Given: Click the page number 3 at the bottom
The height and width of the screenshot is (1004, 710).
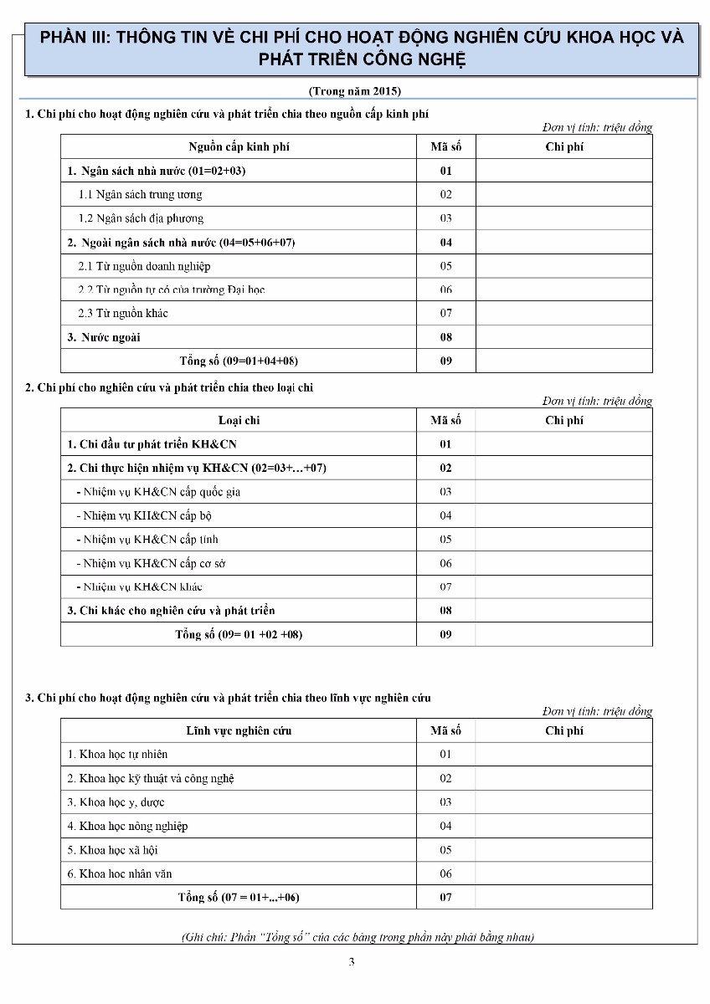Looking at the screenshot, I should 352,961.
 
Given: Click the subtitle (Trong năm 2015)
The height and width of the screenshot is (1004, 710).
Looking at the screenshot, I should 355,90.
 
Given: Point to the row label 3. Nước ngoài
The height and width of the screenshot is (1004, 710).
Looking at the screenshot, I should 105,337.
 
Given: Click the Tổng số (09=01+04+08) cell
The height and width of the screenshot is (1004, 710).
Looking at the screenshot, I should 239,361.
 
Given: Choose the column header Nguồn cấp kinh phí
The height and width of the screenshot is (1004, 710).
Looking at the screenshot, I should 239,146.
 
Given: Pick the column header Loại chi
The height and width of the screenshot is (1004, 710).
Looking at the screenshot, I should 239,420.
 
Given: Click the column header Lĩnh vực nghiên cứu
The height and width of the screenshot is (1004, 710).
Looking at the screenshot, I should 239,730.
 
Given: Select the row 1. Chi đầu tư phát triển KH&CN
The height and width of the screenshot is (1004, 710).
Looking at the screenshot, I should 152,444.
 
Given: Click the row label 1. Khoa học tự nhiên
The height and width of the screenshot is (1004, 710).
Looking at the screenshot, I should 118,755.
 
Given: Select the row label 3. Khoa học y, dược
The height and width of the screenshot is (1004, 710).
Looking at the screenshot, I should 116,802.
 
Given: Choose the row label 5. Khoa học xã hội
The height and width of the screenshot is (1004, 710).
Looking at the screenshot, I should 113,850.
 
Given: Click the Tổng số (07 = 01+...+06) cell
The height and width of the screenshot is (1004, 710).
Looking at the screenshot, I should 239,898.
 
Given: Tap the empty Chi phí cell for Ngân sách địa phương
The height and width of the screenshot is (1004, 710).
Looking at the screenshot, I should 563,218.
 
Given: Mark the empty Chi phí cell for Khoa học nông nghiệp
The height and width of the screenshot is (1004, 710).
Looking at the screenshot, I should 563,826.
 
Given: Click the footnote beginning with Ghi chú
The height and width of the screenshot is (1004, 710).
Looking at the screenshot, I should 358,937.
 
